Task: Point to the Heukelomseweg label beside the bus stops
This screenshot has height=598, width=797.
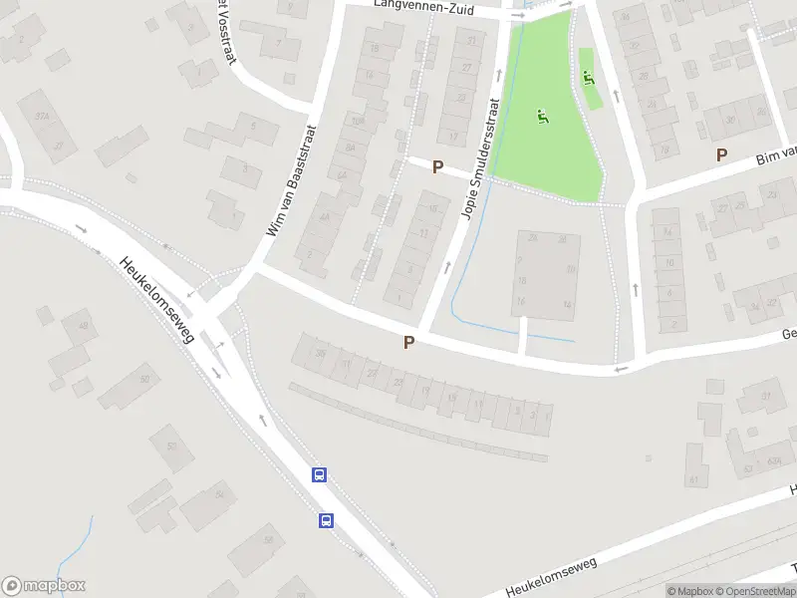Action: tap(156, 301)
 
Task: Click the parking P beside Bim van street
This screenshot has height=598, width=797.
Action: tap(721, 154)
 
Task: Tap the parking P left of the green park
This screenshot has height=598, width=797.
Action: tap(437, 167)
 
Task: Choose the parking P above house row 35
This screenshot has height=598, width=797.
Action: tap(408, 342)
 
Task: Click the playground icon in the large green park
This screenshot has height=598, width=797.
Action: tap(543, 117)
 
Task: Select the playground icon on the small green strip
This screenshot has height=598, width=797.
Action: tap(588, 77)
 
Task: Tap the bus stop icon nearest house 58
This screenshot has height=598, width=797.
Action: tap(326, 519)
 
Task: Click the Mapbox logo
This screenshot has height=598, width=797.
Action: tap(44, 586)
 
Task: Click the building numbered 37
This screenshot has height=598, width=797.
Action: tap(767, 397)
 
